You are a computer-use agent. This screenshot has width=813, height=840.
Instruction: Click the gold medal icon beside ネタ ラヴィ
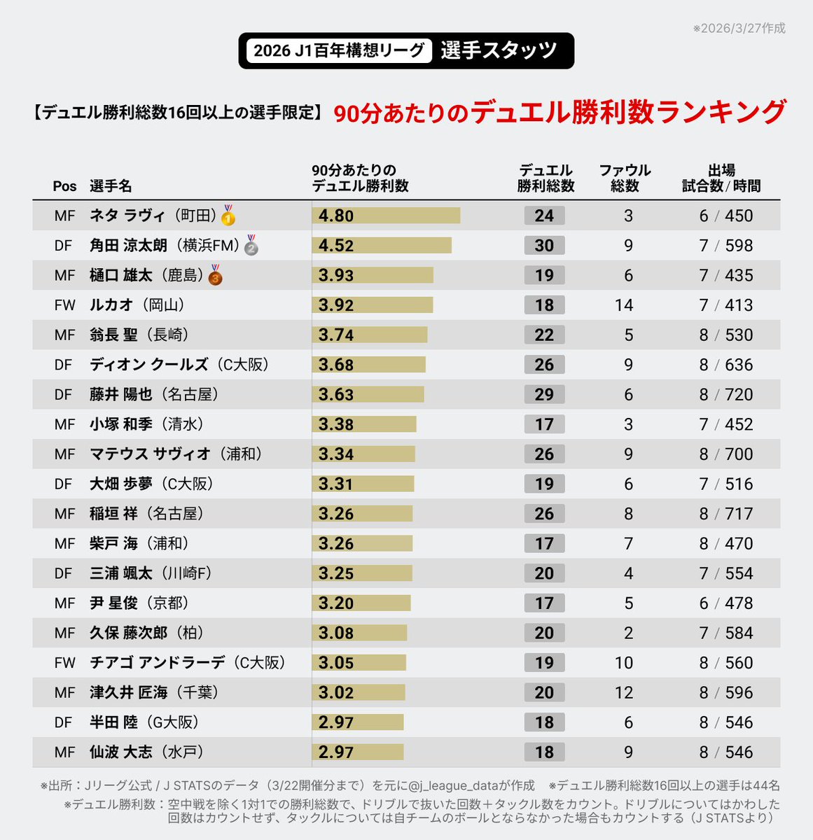click(x=228, y=216)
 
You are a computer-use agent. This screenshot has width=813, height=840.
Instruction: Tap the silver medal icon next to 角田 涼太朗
click(x=251, y=246)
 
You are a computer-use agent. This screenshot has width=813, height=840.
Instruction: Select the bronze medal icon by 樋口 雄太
click(x=216, y=275)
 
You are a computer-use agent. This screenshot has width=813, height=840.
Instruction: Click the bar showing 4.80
click(x=386, y=216)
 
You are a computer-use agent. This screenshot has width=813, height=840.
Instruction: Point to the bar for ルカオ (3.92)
click(x=373, y=305)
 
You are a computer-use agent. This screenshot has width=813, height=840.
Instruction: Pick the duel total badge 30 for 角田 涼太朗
click(x=544, y=246)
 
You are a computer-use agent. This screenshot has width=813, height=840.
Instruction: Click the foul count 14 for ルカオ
click(x=623, y=305)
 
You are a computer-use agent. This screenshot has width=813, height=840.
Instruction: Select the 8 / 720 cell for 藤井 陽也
click(x=726, y=395)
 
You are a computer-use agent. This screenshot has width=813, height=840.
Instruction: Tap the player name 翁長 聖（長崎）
click(x=139, y=335)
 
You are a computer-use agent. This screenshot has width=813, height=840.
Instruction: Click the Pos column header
click(x=64, y=186)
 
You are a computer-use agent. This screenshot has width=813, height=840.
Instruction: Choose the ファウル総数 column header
click(x=625, y=178)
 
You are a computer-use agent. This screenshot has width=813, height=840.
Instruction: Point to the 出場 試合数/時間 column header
click(x=721, y=178)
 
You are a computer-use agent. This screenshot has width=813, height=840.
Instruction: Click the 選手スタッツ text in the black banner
click(x=499, y=50)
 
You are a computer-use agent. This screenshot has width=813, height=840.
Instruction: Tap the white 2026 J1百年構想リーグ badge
click(x=339, y=50)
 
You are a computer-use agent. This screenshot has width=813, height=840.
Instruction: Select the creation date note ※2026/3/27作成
click(x=739, y=29)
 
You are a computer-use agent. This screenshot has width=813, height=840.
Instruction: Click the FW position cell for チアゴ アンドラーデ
click(x=64, y=663)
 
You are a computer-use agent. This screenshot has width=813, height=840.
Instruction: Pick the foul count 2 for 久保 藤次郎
click(x=628, y=633)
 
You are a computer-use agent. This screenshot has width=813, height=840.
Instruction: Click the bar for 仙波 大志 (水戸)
click(x=358, y=752)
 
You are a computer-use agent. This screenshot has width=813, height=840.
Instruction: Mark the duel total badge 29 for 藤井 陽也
click(x=544, y=395)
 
